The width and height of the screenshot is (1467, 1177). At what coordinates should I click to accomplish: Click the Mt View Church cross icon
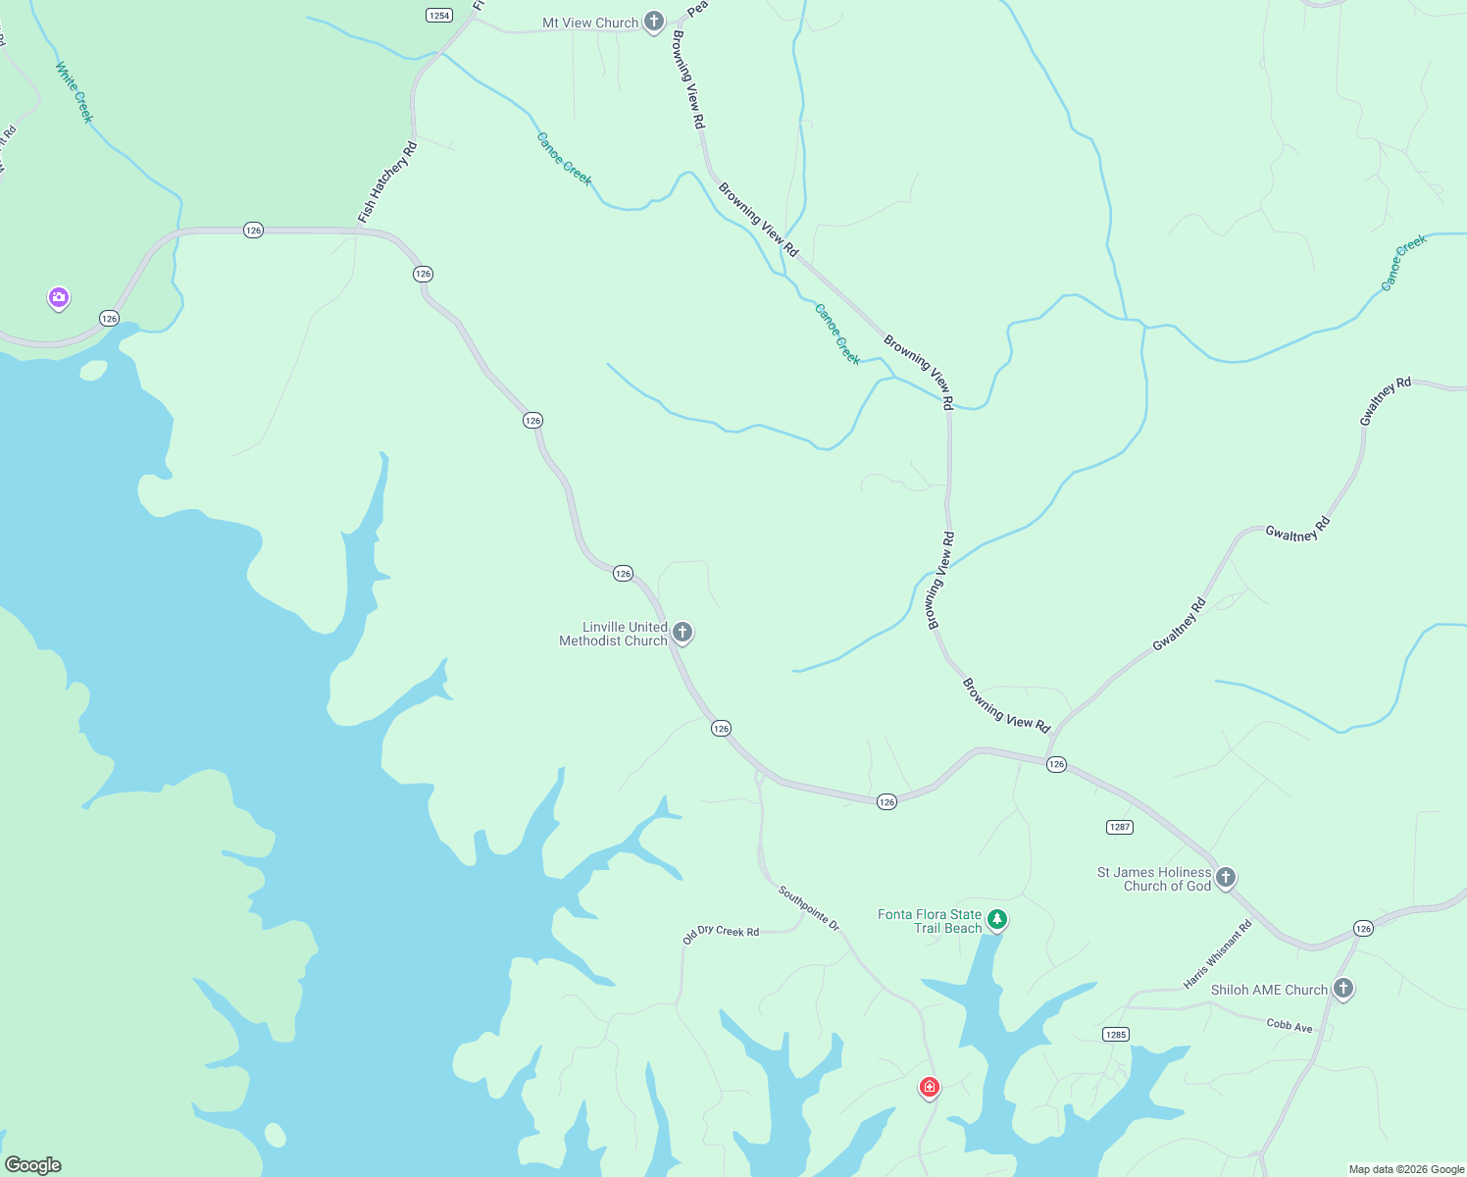(x=654, y=22)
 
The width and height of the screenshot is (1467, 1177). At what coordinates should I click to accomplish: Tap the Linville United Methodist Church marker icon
(x=683, y=633)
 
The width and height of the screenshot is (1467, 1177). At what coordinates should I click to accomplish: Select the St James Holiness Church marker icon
(x=1225, y=877)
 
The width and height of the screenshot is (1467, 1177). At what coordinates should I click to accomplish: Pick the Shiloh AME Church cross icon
(x=1343, y=988)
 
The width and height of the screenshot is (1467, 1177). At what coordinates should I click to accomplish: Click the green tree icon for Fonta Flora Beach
(x=997, y=920)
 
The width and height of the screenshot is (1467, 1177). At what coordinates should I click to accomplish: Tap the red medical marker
(x=930, y=1087)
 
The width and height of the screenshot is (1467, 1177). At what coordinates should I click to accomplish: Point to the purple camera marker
(x=59, y=297)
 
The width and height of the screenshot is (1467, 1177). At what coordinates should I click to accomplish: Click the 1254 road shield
(x=439, y=15)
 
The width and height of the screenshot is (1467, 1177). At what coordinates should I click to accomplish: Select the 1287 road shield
(x=1120, y=827)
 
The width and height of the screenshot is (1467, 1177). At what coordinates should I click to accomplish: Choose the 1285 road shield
(x=1115, y=1035)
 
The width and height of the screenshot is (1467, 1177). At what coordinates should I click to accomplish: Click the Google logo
(x=33, y=1165)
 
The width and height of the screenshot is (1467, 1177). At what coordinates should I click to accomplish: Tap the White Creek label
(x=75, y=92)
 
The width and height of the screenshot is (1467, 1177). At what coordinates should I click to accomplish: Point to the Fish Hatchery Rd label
(x=387, y=182)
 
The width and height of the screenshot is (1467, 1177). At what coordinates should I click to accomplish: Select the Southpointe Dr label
(x=809, y=908)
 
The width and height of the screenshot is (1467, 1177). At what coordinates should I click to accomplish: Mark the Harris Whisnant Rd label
(x=1218, y=954)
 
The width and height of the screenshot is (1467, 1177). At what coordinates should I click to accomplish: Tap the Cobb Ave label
(x=1290, y=1025)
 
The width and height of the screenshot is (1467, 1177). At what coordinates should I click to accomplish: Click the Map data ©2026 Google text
(x=1406, y=1169)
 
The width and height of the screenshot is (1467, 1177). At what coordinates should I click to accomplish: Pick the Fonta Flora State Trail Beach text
(x=930, y=921)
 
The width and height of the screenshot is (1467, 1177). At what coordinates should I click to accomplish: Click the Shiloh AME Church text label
(x=1269, y=990)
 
